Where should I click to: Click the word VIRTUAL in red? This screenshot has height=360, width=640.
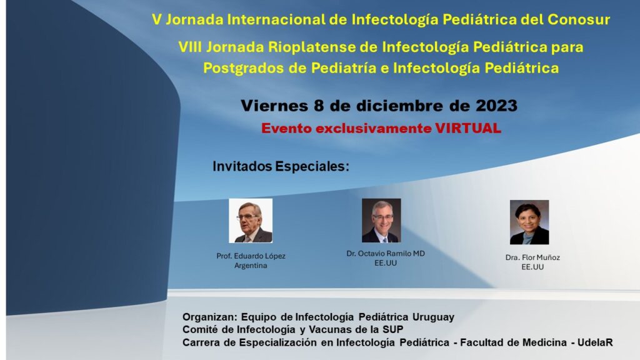click(x=467, y=128)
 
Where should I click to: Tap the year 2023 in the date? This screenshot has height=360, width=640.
click(x=496, y=106)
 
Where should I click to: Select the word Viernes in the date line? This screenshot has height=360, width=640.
click(x=274, y=106)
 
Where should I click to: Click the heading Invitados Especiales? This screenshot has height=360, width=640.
click(x=281, y=166)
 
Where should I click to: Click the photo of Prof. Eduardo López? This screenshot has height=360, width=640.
click(x=251, y=221)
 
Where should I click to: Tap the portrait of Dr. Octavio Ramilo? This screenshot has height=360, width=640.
click(x=381, y=221)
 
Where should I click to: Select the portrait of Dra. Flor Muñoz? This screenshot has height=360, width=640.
click(x=529, y=222)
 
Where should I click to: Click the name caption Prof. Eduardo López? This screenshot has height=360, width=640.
click(x=251, y=256)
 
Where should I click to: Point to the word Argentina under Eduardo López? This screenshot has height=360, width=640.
click(x=251, y=265)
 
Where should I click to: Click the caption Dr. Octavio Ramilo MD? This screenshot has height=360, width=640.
click(x=386, y=254)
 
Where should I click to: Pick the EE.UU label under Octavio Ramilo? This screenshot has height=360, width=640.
click(x=386, y=263)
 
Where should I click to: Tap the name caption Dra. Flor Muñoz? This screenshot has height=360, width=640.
click(x=532, y=257)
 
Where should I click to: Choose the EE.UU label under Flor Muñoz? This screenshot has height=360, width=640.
click(x=532, y=267)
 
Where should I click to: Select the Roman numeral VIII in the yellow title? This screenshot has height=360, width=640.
click(x=190, y=47)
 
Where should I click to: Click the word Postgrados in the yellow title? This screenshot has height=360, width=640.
click(x=243, y=67)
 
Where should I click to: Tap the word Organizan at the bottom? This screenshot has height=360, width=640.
click(x=210, y=317)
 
